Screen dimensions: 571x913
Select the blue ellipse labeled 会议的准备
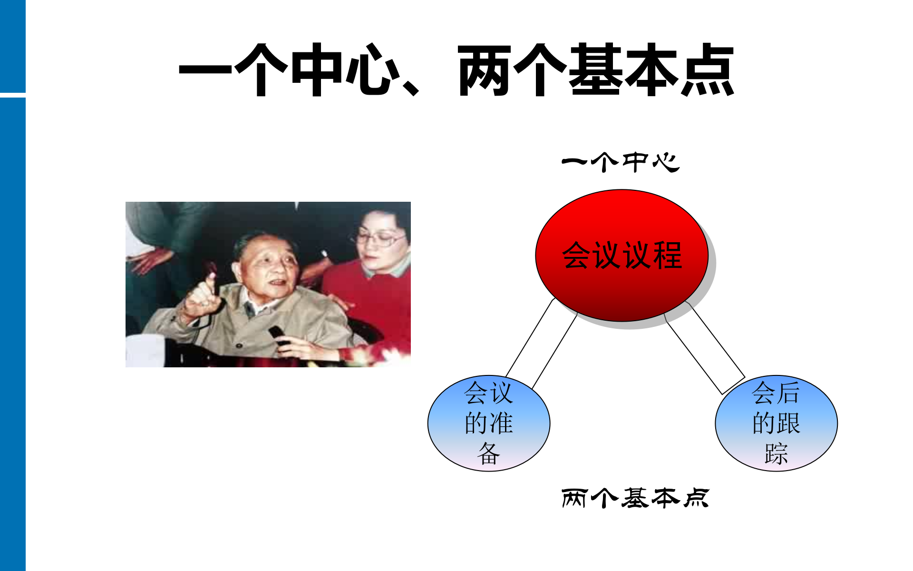[489, 423]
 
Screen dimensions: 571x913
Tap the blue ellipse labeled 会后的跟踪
[776, 423]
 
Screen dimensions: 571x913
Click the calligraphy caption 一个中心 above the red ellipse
[621, 162]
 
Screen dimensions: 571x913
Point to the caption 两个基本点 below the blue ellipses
[635, 498]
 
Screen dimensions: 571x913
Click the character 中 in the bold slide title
[317, 70]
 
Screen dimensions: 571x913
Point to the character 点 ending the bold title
[708, 70]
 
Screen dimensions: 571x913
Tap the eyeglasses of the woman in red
[380, 238]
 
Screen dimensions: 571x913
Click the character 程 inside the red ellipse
[668, 256]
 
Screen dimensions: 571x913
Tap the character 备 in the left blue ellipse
[489, 453]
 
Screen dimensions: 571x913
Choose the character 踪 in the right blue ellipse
[776, 453]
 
